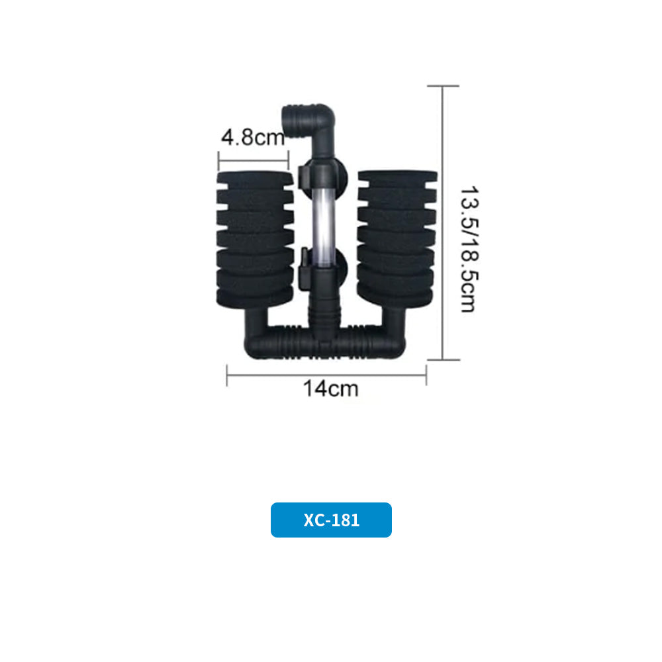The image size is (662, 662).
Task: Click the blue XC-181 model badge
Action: pos(331,520)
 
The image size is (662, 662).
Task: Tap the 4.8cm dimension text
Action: pos(253,137)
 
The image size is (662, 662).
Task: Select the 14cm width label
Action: pos(330,389)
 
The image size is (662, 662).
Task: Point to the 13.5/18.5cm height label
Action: pos(469,249)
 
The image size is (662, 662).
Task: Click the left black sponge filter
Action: pos(255,239)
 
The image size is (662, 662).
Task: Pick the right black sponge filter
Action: pos(396,238)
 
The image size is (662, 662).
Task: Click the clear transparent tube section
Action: pos(324,228)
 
